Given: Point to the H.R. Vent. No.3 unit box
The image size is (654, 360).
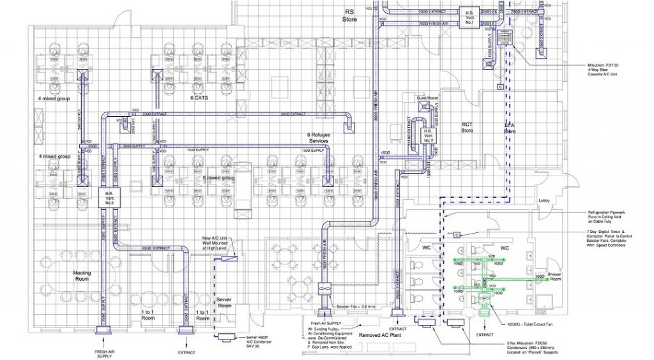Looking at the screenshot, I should click(105, 198).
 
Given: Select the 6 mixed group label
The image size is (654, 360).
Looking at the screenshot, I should click(218, 178).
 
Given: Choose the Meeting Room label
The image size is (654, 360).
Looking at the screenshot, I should click(82, 276).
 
